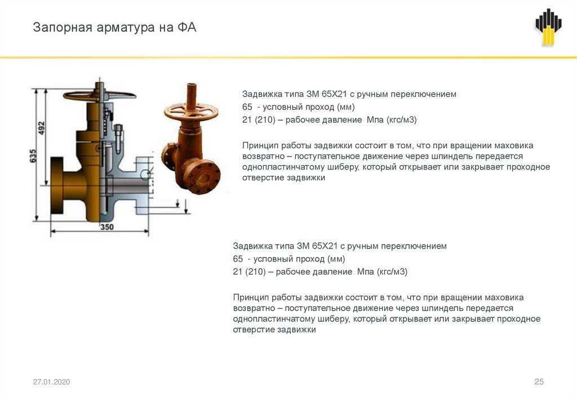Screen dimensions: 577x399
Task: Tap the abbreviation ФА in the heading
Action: pos(187,27)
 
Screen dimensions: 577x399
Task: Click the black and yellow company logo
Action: pos(548,26)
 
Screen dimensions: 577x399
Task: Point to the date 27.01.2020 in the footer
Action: pos(51,382)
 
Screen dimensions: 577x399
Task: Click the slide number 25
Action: pos(539,382)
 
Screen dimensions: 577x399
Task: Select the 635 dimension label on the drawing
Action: pos(33,156)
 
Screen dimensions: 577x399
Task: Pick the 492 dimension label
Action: pos(42,128)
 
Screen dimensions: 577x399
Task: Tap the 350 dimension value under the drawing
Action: pos(106,227)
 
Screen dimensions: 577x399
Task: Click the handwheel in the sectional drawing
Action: pos(99,96)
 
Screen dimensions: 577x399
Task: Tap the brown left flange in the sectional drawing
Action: pos(57,186)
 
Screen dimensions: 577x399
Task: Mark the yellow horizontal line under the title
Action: pos(288,57)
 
